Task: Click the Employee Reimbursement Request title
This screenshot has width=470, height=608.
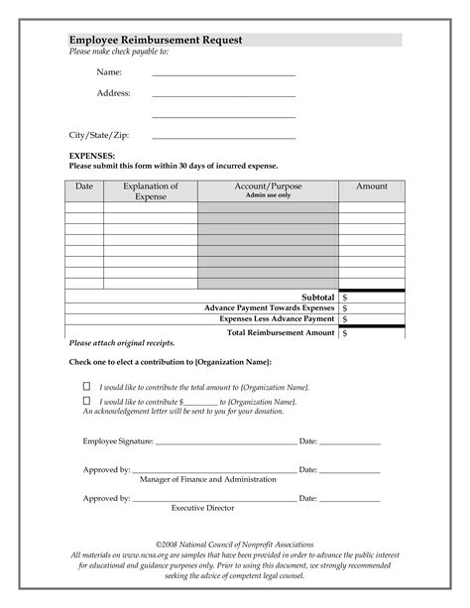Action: pos(156,40)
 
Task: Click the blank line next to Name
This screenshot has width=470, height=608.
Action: pos(224,74)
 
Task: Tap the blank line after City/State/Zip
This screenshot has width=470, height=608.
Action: pos(224,136)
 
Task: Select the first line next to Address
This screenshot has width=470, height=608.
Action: pos(224,95)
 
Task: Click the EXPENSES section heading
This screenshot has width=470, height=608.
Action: pos(92,157)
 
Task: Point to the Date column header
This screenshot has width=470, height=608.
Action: pos(84,186)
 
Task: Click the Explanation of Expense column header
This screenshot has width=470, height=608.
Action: pos(151,191)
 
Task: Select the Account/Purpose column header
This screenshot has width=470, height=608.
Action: pos(268,186)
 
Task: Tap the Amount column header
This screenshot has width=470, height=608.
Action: pos(372,186)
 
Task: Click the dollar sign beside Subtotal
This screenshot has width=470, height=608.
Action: pos(344,297)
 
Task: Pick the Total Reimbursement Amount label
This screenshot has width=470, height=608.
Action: pos(281,333)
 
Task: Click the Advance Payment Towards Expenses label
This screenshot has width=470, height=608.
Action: pos(269,308)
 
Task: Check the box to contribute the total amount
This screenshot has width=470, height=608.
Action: pos(86,385)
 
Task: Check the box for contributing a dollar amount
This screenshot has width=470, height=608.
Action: pos(86,400)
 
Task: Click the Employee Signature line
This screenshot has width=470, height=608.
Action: pos(226,441)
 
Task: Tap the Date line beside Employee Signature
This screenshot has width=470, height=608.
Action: pos(349,441)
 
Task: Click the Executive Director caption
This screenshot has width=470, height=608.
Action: pos(202,508)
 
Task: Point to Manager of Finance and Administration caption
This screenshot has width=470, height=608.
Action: pos(208,479)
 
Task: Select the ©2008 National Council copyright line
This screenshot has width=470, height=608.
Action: pos(234,546)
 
